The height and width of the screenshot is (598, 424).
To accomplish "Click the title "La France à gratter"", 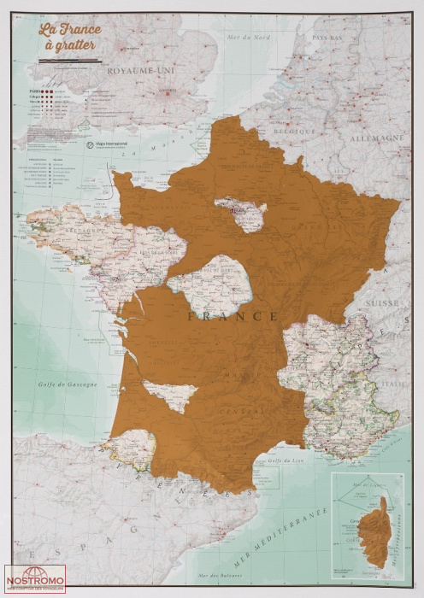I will pyautogui.click(x=70, y=38).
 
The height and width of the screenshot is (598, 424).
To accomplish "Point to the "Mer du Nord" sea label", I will pyautogui.click(x=246, y=37).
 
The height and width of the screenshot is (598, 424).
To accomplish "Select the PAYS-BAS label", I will pyautogui.click(x=327, y=38).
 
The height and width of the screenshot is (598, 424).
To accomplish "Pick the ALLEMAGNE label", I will pyautogui.click(x=376, y=138).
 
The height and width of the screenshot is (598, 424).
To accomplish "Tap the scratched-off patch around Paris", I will pyautogui.click(x=241, y=214).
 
